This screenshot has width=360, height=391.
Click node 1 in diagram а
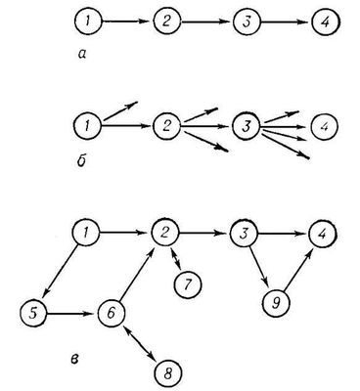(x=88, y=22)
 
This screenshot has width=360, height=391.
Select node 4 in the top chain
(x=326, y=22)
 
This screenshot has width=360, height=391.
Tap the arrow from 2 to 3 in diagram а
(x=205, y=22)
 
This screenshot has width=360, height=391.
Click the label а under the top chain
(x=82, y=55)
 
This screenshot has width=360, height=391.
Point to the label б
(x=82, y=160)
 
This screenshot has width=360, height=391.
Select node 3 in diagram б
(x=246, y=126)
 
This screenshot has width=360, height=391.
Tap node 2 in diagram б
(x=166, y=126)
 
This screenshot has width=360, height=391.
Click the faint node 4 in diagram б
(x=325, y=126)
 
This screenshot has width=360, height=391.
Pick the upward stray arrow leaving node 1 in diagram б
(x=120, y=111)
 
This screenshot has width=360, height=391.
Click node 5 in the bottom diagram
(x=33, y=314)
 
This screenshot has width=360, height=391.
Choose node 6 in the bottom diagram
(x=112, y=314)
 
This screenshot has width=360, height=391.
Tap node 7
(x=188, y=284)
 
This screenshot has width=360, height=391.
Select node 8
(x=167, y=373)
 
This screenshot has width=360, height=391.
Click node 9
(x=276, y=303)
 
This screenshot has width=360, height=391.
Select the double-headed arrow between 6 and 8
(x=140, y=343)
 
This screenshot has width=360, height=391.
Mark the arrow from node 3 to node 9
(x=258, y=268)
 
